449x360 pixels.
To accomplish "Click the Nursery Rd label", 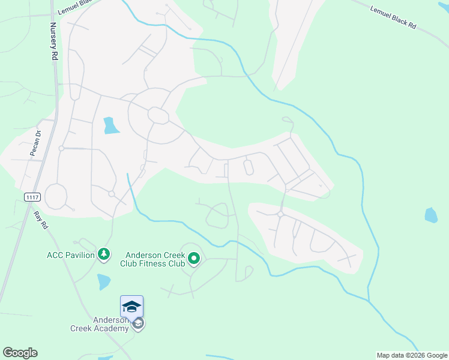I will [x=53, y=41].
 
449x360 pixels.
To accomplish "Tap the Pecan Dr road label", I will [x=35, y=145].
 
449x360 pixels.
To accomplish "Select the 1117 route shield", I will [x=32, y=197].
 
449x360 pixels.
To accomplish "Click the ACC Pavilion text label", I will [x=71, y=255].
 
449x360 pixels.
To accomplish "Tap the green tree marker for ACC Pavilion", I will [x=104, y=255].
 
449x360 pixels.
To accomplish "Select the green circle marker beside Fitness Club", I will [x=194, y=259].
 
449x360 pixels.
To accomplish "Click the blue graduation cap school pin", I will [x=132, y=307].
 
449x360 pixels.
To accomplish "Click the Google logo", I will [x=20, y=353].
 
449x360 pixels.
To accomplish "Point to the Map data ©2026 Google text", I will [x=411, y=355].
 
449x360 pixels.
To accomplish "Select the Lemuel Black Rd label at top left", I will [x=76, y=8].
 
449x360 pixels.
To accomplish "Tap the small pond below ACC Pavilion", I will [x=104, y=281].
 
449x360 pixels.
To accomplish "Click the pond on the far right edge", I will [x=431, y=215].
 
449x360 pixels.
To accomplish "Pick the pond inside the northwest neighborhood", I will [x=110, y=125].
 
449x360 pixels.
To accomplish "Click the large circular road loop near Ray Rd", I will [x=56, y=196].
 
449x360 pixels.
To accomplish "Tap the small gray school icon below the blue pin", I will [x=138, y=325].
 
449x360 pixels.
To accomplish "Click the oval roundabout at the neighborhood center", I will [x=158, y=115].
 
